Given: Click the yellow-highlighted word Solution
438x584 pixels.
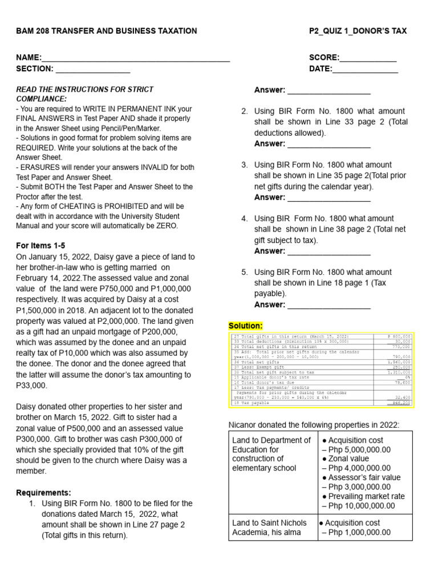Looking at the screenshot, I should pos(246,326).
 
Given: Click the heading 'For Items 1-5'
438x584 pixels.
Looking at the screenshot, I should pos(40,245).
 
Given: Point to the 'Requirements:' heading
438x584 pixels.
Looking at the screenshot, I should pos(43,493).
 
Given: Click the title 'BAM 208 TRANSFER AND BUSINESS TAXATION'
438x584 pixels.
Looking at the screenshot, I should pos(107,31).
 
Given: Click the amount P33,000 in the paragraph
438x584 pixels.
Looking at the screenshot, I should pos(36,386).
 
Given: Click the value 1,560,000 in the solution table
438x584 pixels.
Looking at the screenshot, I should pos(399,362).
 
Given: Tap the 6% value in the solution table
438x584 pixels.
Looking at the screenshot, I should pos(407,377).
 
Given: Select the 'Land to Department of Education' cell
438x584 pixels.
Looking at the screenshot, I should pos(272,454).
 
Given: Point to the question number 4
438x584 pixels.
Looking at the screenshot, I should pos(244,218).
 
